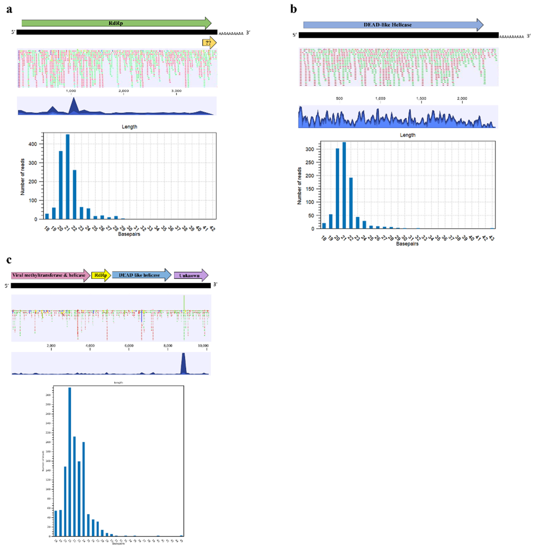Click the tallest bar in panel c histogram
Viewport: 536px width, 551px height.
click(x=70, y=462)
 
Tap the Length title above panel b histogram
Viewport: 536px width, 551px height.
click(x=407, y=135)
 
